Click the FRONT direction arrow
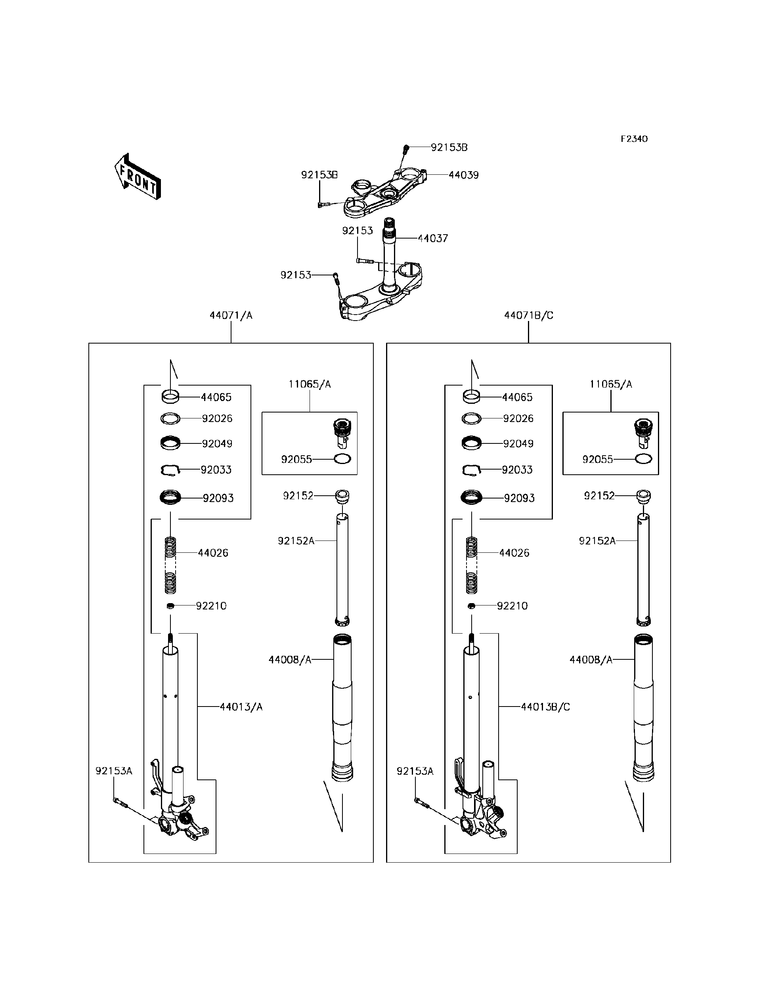[137, 177]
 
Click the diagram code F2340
[634, 139]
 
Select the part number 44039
[463, 175]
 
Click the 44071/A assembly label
[231, 315]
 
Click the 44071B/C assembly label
[529, 315]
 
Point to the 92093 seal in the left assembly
[170, 497]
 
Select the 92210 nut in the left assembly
[170, 606]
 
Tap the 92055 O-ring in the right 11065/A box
[643, 459]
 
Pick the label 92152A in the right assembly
[597, 541]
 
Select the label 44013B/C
[545, 707]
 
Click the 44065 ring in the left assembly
[170, 397]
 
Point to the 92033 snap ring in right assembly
[472, 470]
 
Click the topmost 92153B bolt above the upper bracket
[406, 148]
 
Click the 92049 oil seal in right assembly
[472, 443]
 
